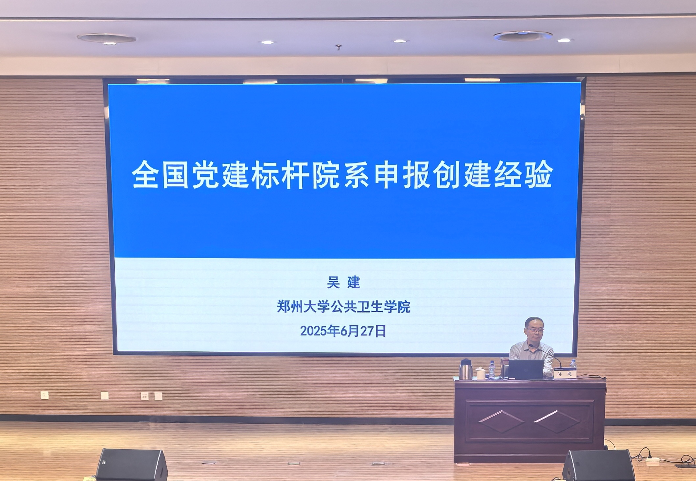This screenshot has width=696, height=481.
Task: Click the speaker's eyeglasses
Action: pyautogui.click(x=535, y=330)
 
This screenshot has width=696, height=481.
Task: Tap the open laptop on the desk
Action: pyautogui.click(x=526, y=369)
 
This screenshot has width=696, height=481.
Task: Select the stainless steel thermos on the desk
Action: pyautogui.click(x=466, y=369)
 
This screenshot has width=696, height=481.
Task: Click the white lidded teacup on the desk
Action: pyautogui.click(x=481, y=373)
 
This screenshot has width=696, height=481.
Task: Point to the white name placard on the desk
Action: pyautogui.click(x=565, y=374)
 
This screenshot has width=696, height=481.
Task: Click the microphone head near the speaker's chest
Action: pyautogui.click(x=531, y=346)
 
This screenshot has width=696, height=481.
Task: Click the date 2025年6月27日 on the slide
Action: pyautogui.click(x=343, y=331)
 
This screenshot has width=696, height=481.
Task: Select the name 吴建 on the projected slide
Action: pyautogui.click(x=344, y=282)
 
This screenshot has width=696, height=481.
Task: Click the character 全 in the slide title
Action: pyautogui.click(x=145, y=175)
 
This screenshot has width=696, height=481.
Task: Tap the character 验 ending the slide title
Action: pyautogui.click(x=539, y=175)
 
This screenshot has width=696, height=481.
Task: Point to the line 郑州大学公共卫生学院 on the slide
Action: pyautogui.click(x=344, y=307)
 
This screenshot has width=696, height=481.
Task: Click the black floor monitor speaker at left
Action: pyautogui.click(x=132, y=465)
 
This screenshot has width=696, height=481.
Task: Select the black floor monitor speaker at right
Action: pyautogui.click(x=599, y=466)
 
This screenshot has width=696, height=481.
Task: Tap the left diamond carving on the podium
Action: pyautogui.click(x=501, y=421)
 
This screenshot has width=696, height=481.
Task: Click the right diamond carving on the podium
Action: pyautogui.click(x=557, y=421)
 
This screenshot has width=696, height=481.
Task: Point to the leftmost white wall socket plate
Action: pyautogui.click(x=44, y=395)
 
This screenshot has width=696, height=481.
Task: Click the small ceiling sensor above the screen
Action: pyautogui.click(x=338, y=47)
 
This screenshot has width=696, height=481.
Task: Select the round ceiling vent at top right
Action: pyautogui.click(x=523, y=36)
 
